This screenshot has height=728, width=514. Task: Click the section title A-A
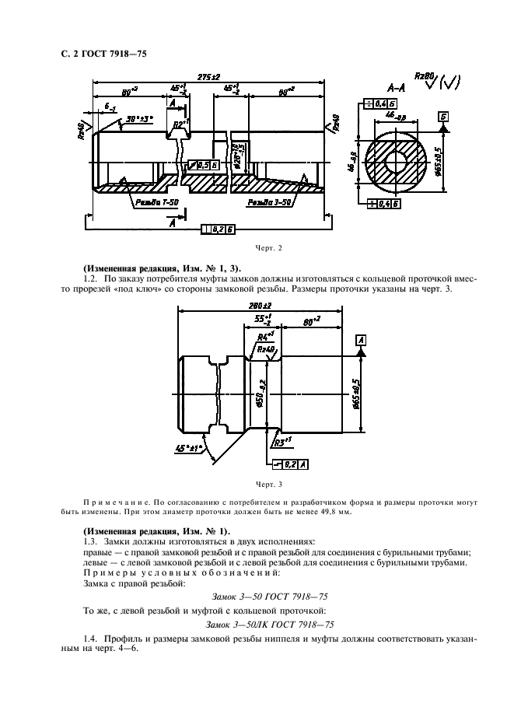[397, 89]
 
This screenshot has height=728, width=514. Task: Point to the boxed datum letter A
[361, 340]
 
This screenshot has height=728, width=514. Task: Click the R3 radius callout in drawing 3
[281, 440]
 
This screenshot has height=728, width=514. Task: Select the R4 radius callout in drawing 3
[265, 337]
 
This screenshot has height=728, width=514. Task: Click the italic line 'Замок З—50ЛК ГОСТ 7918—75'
[256, 624]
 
